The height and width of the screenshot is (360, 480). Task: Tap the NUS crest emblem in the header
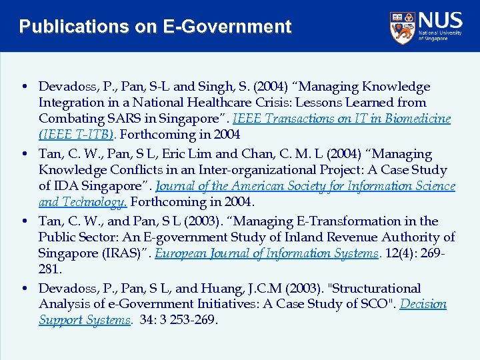click(x=402, y=27)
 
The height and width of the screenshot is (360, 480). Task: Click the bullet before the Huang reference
click(x=23, y=289)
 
